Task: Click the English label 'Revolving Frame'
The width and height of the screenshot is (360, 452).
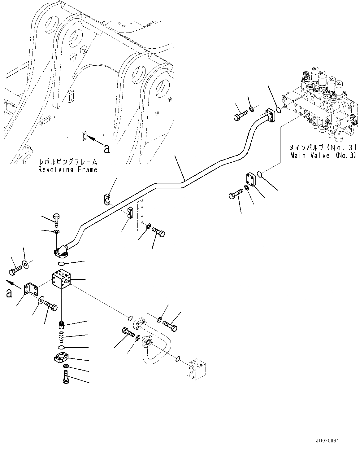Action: click(x=67, y=169)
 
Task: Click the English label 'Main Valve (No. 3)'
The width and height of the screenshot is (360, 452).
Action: click(x=323, y=156)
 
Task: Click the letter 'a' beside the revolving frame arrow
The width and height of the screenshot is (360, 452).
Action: click(x=107, y=149)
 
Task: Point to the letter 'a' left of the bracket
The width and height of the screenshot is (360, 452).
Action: click(x=9, y=292)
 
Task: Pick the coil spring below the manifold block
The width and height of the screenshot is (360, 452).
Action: click(x=61, y=335)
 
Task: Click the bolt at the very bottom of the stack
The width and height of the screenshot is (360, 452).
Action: click(x=65, y=378)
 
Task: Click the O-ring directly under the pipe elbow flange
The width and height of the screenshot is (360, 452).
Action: click(x=61, y=264)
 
